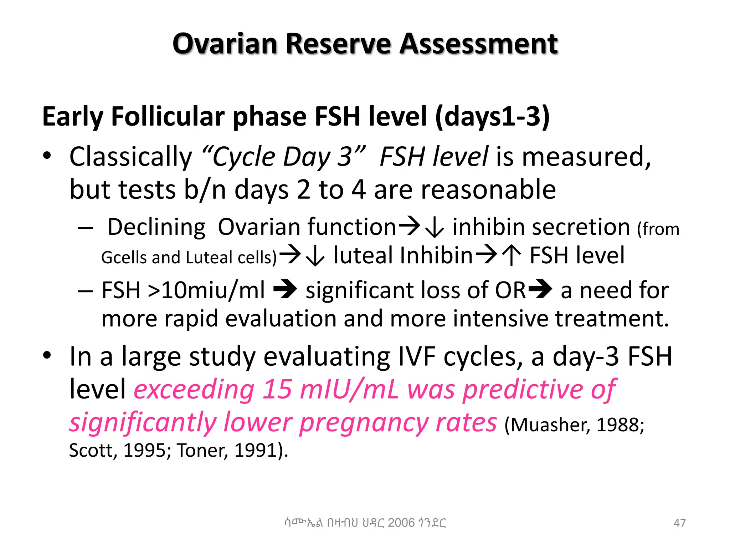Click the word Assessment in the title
tap(478, 44)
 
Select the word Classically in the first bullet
tap(130, 157)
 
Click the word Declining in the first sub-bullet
tap(156, 227)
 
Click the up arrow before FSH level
tap(512, 256)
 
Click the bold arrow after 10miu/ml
tap(285, 289)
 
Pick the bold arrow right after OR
tap(540, 289)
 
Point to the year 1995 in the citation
tap(144, 450)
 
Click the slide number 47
tap(679, 523)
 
